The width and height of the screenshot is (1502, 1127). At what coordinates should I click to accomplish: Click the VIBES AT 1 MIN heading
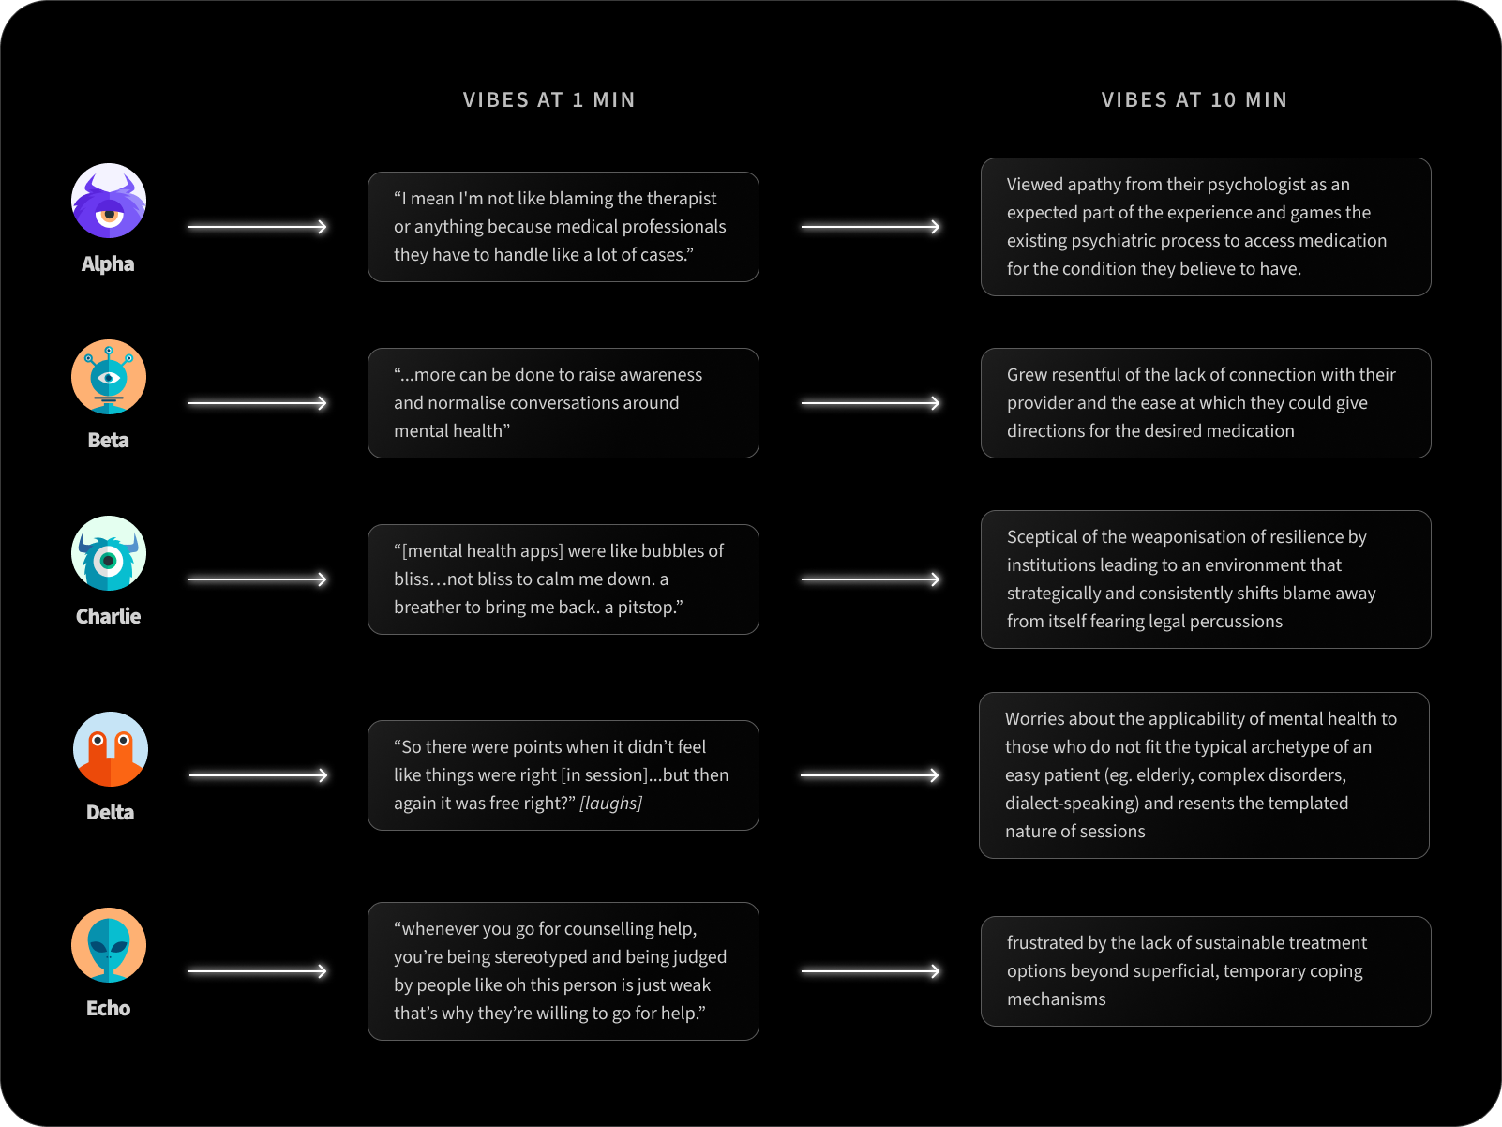click(548, 100)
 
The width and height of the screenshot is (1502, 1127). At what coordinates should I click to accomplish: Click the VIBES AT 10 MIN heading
click(1194, 100)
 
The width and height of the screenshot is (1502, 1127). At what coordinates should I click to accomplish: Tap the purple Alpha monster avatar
click(109, 201)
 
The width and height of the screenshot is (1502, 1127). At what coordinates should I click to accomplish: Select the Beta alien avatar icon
click(109, 377)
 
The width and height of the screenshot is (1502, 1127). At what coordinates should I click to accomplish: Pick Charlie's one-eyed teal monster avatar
click(109, 553)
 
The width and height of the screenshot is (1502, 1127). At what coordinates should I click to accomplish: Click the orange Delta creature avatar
click(111, 749)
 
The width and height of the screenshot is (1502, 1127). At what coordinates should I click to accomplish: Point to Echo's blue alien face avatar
click(109, 945)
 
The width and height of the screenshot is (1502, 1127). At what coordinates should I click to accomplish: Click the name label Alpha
click(108, 264)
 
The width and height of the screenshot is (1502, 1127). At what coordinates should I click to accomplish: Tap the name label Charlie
click(109, 617)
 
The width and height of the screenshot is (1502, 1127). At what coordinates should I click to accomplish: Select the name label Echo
click(109, 1009)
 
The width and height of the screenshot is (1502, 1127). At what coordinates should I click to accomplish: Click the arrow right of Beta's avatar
click(258, 403)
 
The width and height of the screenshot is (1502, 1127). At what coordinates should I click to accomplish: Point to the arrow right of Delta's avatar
click(258, 775)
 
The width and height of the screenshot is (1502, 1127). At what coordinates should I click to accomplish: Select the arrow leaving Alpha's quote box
click(870, 227)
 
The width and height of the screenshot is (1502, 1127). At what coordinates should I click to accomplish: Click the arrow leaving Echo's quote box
click(870, 971)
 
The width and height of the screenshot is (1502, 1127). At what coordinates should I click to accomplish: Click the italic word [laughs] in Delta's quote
click(610, 804)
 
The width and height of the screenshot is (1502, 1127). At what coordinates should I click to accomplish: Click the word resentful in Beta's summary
click(1085, 375)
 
